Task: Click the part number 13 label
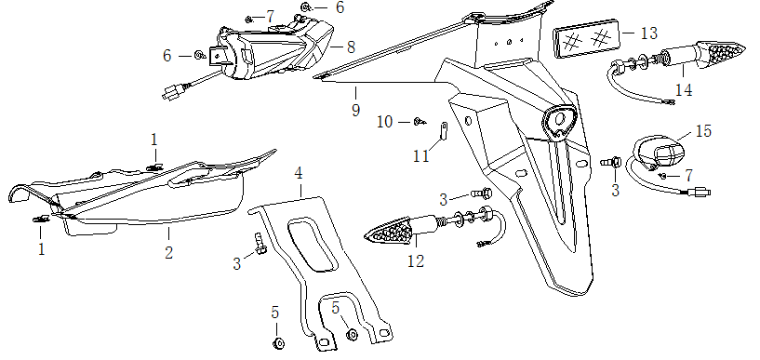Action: [x=649, y=33]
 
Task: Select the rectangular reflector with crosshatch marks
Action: [x=586, y=38]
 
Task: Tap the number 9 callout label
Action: [x=356, y=110]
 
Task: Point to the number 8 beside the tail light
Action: [x=351, y=47]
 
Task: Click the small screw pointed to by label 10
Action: [x=420, y=122]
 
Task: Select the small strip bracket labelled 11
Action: [x=443, y=130]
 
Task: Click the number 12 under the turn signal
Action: [x=416, y=261]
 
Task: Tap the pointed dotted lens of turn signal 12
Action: [x=390, y=233]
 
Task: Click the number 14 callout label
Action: [x=684, y=90]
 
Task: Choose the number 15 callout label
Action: [x=704, y=131]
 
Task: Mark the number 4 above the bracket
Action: [x=299, y=173]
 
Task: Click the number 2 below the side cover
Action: [x=168, y=252]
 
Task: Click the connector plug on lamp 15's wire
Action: [x=701, y=193]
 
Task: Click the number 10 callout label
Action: [x=385, y=122]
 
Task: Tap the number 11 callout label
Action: [x=421, y=156]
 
